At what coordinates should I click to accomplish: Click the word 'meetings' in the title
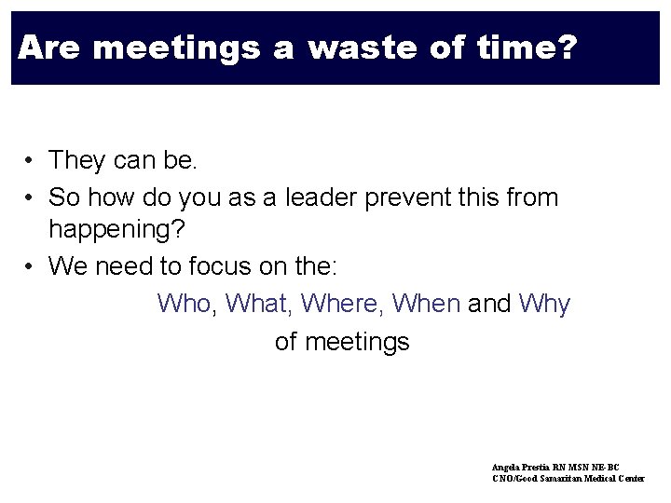177,47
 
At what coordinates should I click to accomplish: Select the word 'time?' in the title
529,47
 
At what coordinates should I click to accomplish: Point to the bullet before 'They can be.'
31,161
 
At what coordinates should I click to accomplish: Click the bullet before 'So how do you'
31,197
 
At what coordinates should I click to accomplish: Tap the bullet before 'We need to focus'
31,267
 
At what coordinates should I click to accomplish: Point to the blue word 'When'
427,304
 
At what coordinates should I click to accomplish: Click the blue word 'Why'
544,304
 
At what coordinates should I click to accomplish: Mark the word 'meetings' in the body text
356,342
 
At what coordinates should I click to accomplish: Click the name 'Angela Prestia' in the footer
523,467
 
